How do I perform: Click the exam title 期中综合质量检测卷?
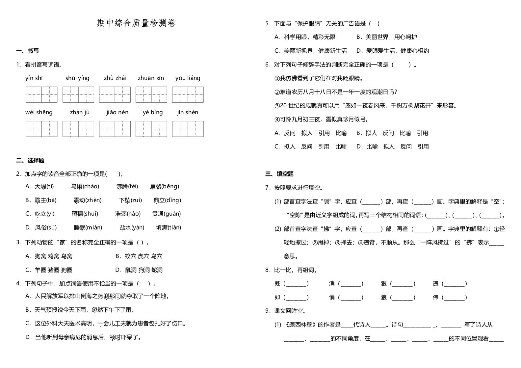pos(136,23)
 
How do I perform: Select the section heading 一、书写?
pos(28,51)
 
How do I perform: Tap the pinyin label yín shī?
pos(34,78)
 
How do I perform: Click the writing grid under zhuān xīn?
pos(151,95)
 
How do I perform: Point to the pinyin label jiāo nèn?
pos(117,112)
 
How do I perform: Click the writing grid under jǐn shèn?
pos(188,129)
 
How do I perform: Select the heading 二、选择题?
pos(30,161)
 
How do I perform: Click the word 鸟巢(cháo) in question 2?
pos(85,187)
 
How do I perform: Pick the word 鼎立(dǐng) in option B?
pos(167,200)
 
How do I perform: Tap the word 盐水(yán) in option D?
pos(132,227)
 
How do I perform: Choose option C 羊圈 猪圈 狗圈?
pos(49,270)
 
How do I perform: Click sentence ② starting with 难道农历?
pos(336,92)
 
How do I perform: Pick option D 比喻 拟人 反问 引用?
pos(393,147)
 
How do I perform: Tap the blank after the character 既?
pos(297,284)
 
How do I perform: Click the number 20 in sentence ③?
pos(283,106)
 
